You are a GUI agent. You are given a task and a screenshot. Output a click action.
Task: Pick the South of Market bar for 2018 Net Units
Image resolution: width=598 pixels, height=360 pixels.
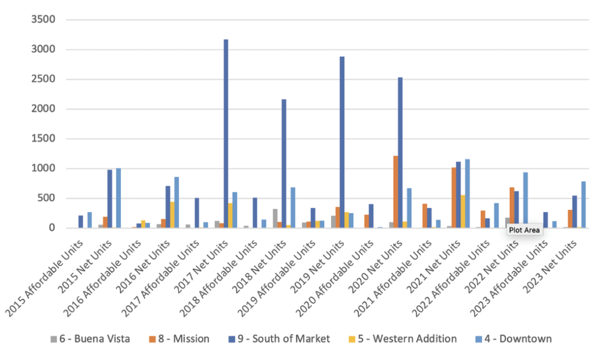pos(284,164)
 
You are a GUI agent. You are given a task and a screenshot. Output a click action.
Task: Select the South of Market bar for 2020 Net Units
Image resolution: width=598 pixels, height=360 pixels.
pos(401,153)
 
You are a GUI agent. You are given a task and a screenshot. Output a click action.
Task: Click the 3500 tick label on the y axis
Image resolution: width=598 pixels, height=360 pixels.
pos(43,20)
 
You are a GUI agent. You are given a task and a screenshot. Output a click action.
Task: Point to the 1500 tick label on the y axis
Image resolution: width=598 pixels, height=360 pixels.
pos(43,139)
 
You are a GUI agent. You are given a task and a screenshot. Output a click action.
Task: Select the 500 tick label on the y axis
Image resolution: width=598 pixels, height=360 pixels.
pos(47,198)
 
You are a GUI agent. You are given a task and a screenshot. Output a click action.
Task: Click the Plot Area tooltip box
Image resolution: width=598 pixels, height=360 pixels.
pos(524,230)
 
